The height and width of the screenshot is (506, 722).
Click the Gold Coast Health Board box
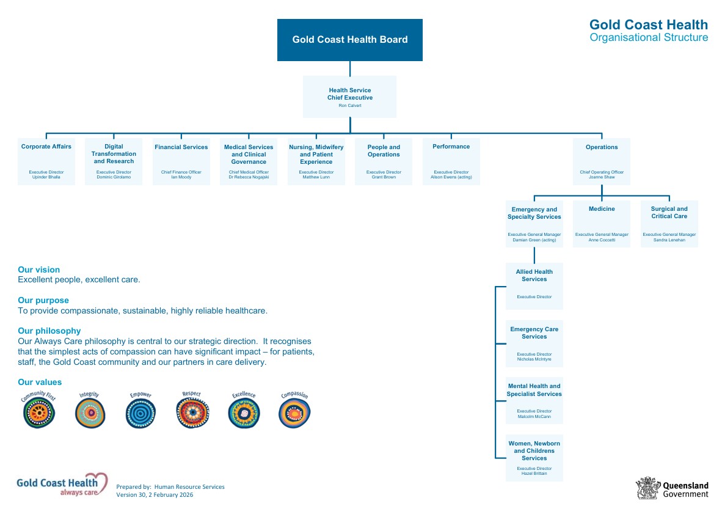click(349, 40)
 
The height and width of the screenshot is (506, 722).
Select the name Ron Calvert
click(349, 106)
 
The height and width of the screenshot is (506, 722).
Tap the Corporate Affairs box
click(46, 161)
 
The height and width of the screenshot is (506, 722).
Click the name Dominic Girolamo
click(114, 177)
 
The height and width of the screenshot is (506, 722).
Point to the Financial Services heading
click(181, 147)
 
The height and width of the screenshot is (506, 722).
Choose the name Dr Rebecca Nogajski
click(249, 177)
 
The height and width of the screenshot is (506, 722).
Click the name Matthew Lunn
click(316, 177)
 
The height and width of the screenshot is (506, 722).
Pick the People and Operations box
click(384, 161)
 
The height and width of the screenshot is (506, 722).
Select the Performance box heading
click(451, 147)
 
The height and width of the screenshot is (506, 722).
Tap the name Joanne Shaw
click(602, 177)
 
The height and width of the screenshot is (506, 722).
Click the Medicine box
click(602, 224)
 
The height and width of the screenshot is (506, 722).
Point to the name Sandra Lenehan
click(669, 240)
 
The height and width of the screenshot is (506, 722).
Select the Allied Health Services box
click(534, 286)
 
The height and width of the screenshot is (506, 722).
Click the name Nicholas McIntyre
click(534, 359)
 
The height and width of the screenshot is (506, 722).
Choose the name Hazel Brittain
click(534, 474)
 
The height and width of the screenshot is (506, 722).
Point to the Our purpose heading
click(43, 300)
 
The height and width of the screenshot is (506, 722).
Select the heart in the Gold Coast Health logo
click(97, 481)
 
